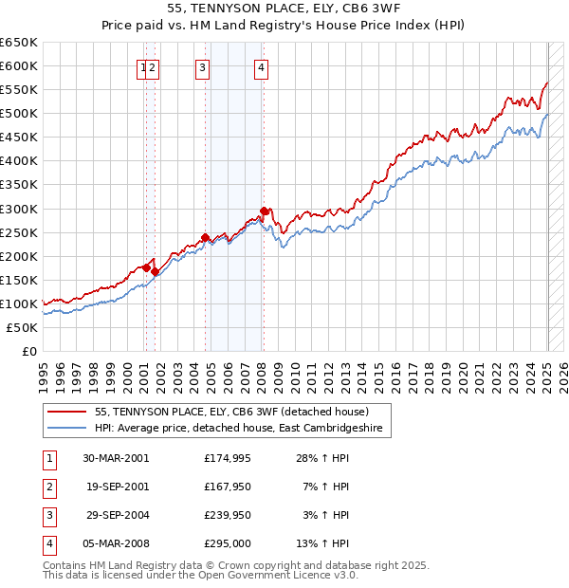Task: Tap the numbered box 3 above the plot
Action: [x=203, y=66]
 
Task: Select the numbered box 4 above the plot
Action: [x=261, y=66]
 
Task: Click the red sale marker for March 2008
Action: [x=264, y=211]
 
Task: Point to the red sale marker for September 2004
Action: [x=206, y=237]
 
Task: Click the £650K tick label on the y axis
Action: [x=19, y=43]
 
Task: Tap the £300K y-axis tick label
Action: [x=19, y=209]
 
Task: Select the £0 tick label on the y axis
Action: [x=28, y=351]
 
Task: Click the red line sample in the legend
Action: [x=66, y=412]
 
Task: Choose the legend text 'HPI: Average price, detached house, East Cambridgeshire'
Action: [x=244, y=429]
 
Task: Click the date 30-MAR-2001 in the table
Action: [x=116, y=458]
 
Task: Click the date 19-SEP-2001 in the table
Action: [x=116, y=487]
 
